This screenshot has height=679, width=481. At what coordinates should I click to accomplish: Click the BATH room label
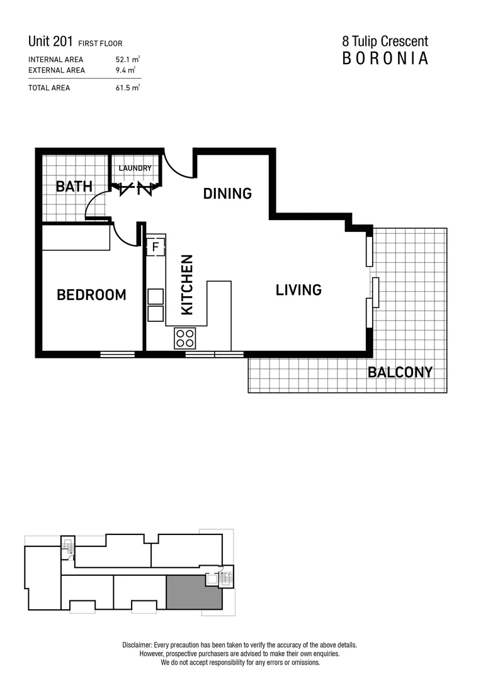[x=74, y=186]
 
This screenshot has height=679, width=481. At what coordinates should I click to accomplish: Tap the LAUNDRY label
[x=135, y=168]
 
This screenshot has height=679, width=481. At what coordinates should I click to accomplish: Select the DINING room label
[x=227, y=194]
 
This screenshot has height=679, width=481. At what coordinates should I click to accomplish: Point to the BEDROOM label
[x=91, y=295]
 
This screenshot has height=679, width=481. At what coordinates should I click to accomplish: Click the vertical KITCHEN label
[x=187, y=284]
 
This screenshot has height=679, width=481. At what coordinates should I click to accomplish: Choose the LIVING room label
[x=298, y=290]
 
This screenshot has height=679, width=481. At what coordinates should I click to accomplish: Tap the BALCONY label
[x=400, y=372]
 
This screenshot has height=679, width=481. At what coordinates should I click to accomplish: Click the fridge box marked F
[x=156, y=246]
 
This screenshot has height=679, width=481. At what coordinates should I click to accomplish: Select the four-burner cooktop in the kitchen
[x=186, y=338]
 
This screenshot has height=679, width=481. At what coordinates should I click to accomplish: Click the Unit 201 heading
[x=51, y=42]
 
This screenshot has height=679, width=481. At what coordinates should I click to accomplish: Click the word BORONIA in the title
[x=385, y=58]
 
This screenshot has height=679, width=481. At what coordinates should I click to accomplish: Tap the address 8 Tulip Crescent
[x=385, y=41]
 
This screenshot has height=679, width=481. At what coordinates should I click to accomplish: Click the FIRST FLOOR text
[x=100, y=44]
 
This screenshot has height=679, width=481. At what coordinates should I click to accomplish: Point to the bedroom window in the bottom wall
[x=117, y=355]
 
